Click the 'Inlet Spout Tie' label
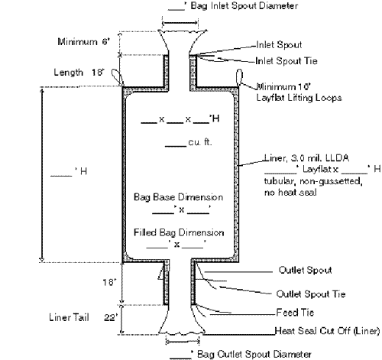pyautogui.click(x=286, y=61)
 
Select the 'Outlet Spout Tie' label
pyautogui.click(x=311, y=294)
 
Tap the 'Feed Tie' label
pyautogui.click(x=295, y=313)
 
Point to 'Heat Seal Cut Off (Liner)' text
pyautogui.click(x=328, y=331)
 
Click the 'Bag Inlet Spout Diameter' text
pyautogui.click(x=244, y=5)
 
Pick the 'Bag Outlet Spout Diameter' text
pyautogui.click(x=254, y=354)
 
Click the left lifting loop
pyautogui.click(x=118, y=77)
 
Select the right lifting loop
pyautogui.click(x=239, y=77)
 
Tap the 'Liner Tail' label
pyautogui.click(x=69, y=317)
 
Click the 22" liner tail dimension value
pyautogui.click(x=111, y=317)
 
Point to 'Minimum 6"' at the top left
pyautogui.click(x=83, y=41)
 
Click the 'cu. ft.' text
pyautogui.click(x=200, y=142)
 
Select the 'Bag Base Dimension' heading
pyautogui.click(x=178, y=197)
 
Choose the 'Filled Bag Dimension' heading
pyautogui.click(x=179, y=232)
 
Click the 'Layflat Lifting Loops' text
pyautogui.click(x=299, y=98)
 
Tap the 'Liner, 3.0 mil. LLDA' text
pyautogui.click(x=307, y=158)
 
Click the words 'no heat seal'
pyautogui.click(x=290, y=193)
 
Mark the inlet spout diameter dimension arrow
pyautogui.click(x=180, y=23)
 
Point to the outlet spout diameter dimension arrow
pyautogui.click(x=183, y=341)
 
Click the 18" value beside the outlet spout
pyautogui.click(x=109, y=282)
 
